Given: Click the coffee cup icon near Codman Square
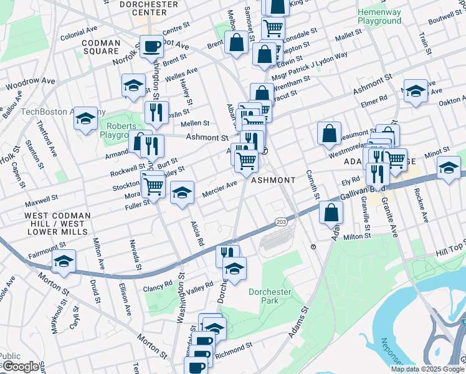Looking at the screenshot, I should (x=151, y=46).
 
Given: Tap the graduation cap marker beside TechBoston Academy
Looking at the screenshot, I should (x=85, y=119).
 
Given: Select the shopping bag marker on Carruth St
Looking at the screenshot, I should (x=329, y=133).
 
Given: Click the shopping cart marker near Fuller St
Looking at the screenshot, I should (x=153, y=185).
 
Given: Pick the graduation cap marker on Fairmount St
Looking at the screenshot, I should (x=64, y=262).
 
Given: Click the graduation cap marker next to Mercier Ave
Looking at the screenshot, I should (x=182, y=193).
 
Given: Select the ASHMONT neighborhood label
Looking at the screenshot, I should (x=273, y=180).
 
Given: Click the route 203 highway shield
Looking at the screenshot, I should (x=280, y=221).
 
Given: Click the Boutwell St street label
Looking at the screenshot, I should (x=445, y=19).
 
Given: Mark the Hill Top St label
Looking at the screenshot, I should (x=450, y=250).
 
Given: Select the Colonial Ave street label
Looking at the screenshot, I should (x=78, y=31).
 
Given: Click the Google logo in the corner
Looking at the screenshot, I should (x=20, y=367).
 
